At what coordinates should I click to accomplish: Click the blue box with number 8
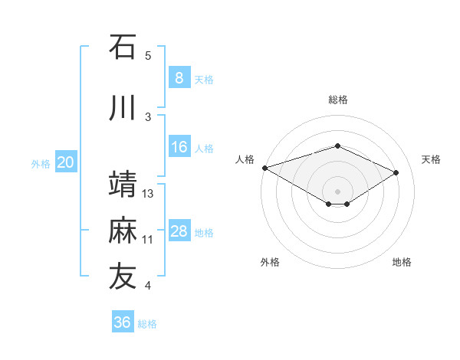point(179,77)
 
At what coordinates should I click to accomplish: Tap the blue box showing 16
point(179,147)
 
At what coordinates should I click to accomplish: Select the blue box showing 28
point(179,231)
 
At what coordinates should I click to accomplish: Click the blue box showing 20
point(66,162)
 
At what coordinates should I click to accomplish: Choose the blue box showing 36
point(123,322)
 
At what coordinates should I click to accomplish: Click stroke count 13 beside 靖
point(149,194)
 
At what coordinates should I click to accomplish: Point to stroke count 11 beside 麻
point(148,240)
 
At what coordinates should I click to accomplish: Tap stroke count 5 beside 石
point(148,56)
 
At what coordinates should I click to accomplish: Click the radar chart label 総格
point(338,100)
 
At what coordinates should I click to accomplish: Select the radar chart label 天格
point(432,159)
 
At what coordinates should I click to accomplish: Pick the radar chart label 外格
point(270,262)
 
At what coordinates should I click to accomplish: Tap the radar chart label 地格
point(402,262)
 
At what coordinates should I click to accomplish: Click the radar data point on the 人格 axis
point(264,167)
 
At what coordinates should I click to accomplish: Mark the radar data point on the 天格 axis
point(396,172)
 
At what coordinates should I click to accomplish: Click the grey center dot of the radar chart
point(337,191)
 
